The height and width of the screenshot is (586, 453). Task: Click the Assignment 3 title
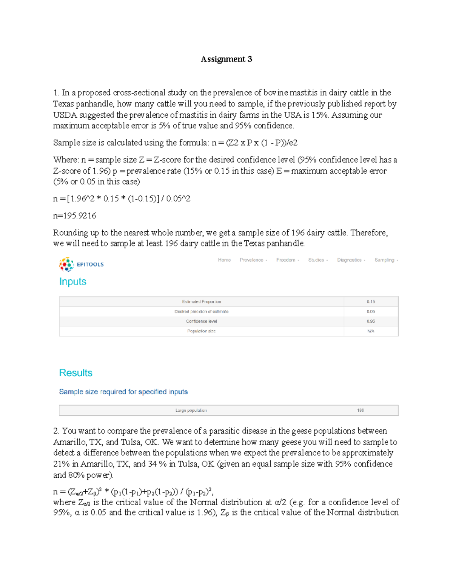[226, 59]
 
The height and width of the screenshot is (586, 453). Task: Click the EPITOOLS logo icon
[66, 265]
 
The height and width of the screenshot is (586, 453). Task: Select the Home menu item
[224, 260]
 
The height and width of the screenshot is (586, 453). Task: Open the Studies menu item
[317, 260]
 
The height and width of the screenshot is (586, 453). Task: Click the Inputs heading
[73, 282]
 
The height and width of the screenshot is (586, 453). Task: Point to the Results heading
[75, 373]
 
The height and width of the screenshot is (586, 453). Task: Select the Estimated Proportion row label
[201, 302]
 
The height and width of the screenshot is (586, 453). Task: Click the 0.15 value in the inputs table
[371, 302]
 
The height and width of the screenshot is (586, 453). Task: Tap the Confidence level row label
[201, 321]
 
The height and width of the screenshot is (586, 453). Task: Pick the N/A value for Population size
[371, 331]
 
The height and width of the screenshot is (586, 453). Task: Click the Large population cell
[191, 411]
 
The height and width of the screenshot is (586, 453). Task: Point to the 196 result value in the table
[361, 411]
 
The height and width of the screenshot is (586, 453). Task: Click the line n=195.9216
[75, 216]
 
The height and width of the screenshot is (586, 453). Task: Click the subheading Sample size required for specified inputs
[123, 392]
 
